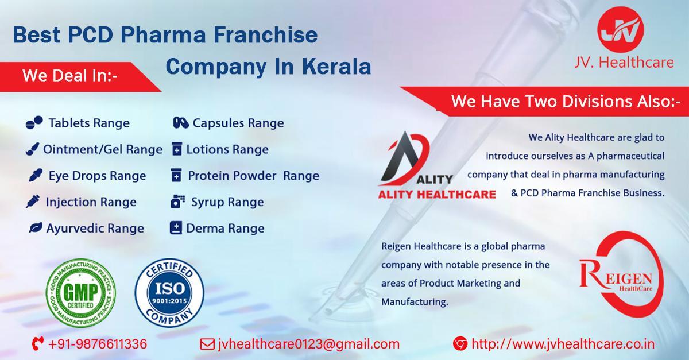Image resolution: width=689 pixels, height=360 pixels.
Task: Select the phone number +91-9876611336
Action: point(98,344)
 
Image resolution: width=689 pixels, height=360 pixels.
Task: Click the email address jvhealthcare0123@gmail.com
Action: point(308,344)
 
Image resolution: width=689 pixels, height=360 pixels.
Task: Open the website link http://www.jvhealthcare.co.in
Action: point(563,344)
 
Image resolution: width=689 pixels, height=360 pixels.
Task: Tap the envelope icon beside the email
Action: point(206,344)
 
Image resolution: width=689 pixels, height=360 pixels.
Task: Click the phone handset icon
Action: point(38,344)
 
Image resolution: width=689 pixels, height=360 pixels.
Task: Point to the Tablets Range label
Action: point(89,123)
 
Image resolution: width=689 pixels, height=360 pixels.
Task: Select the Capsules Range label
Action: point(238,123)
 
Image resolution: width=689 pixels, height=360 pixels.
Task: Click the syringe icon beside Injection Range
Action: point(33,202)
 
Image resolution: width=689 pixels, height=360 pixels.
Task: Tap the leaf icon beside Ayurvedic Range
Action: point(34,229)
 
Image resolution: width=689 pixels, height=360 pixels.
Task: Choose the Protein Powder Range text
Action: point(253,175)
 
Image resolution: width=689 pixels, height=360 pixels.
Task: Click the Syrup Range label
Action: point(227,202)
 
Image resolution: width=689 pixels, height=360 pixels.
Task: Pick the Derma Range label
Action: point(225,229)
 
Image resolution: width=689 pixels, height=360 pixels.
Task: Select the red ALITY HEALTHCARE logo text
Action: point(436,194)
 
